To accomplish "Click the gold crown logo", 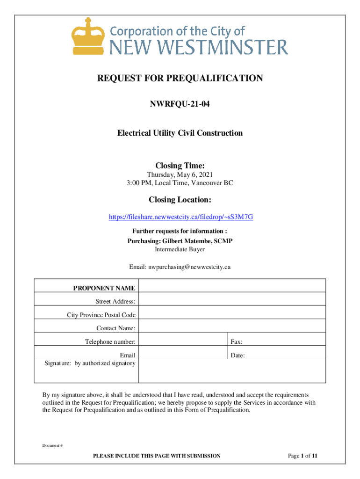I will (x=87, y=36).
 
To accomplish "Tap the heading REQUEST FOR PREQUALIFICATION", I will (x=180, y=78).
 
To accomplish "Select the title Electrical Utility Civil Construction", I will (x=180, y=133).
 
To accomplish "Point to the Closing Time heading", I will (x=180, y=166).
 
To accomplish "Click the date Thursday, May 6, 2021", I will (x=180, y=175).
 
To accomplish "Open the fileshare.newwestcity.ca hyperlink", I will (x=181, y=217).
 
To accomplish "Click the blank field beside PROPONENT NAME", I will (x=232, y=286).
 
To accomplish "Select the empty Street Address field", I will (x=232, y=299).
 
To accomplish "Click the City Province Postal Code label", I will (x=101, y=315).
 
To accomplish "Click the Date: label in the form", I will (x=237, y=356).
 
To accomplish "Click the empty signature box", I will (x=232, y=371).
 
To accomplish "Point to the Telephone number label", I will (x=110, y=342).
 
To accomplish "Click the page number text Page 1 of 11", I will (x=303, y=456).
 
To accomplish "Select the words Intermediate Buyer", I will (x=180, y=249).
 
